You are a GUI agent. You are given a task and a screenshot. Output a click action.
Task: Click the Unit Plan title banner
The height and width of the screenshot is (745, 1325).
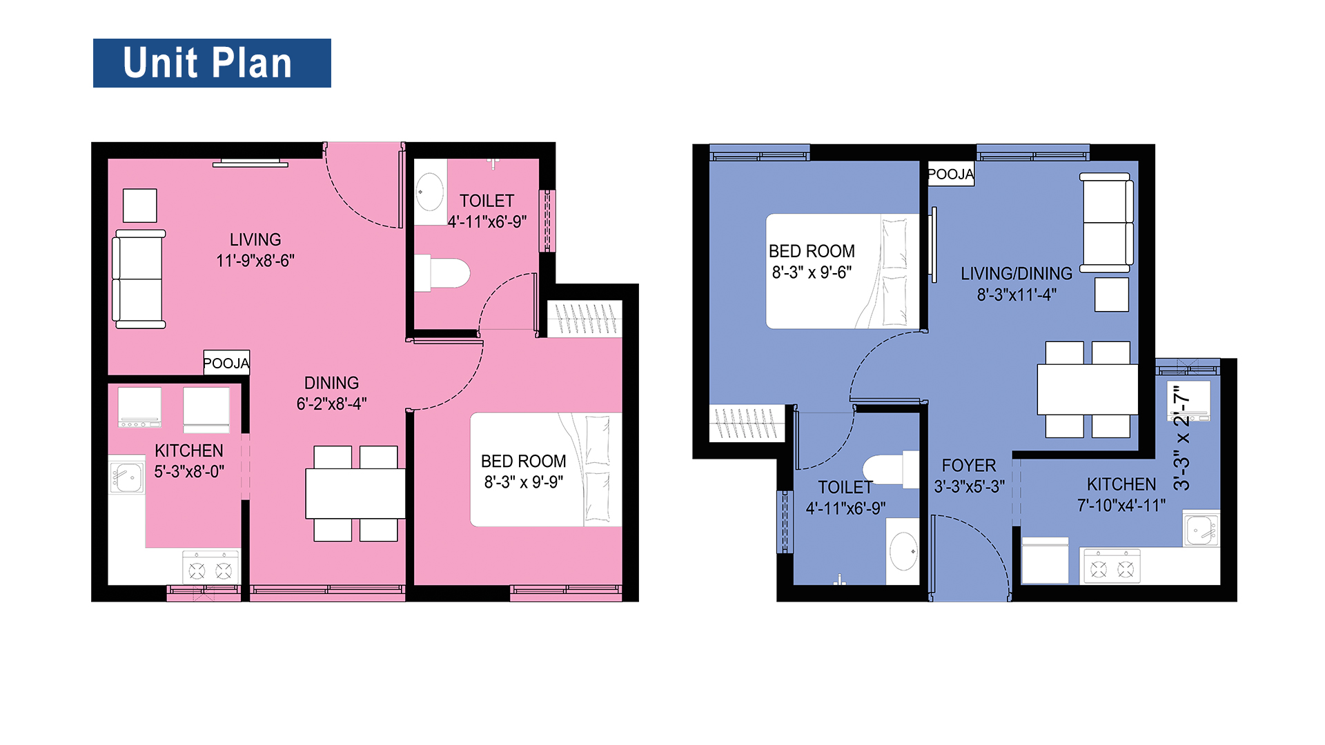[212, 63]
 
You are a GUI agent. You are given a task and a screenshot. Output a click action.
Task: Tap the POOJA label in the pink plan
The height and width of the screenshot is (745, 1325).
[226, 363]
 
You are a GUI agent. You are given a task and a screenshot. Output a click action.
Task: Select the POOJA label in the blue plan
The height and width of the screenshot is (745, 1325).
[951, 174]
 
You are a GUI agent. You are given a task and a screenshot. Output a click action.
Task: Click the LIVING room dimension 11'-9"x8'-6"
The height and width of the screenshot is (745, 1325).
[255, 261]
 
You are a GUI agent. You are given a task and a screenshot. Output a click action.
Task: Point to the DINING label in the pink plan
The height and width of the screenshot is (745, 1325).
[331, 383]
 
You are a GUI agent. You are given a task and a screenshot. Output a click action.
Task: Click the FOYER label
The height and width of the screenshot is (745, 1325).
[969, 466]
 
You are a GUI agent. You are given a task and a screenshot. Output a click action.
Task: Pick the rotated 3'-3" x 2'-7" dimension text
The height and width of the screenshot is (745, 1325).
[1181, 437]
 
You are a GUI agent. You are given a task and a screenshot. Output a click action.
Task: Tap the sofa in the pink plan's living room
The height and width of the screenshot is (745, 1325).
[139, 279]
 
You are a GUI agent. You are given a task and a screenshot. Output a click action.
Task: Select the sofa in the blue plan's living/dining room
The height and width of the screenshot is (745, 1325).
[1107, 223]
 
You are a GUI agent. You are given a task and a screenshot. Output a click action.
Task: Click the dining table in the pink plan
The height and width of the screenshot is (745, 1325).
[355, 493]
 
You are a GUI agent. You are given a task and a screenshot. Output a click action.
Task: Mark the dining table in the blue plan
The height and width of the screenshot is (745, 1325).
[1088, 389]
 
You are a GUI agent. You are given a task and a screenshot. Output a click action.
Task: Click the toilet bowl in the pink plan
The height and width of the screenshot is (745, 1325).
[442, 273]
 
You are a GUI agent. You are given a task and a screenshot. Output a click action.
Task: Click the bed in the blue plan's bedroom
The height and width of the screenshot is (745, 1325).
[843, 271]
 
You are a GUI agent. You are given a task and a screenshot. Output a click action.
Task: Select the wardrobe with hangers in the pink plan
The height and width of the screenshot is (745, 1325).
[585, 319]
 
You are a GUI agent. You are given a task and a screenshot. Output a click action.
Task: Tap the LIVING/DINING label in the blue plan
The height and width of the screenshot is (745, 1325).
[1017, 274]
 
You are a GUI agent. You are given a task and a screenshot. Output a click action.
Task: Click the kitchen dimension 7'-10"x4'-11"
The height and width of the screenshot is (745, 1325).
[1121, 506]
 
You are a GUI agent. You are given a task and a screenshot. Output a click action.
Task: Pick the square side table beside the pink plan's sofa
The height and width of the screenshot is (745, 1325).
[140, 206]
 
